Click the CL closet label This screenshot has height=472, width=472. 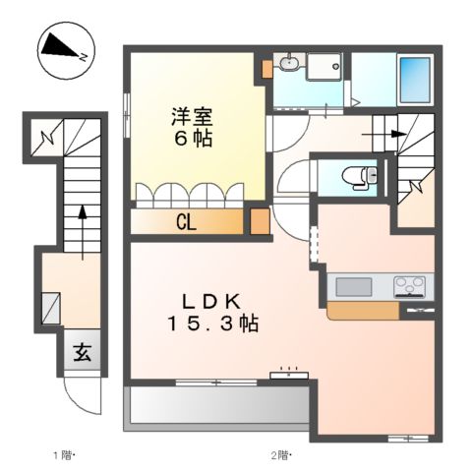point(185,221)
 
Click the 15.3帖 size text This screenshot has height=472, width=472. point(212,323)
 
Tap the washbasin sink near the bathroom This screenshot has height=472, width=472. point(288,66)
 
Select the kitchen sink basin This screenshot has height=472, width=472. point(353,286)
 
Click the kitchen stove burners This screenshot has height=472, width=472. point(410,286)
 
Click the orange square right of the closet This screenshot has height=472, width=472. point(260,221)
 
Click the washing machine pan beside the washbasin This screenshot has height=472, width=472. point(324,67)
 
